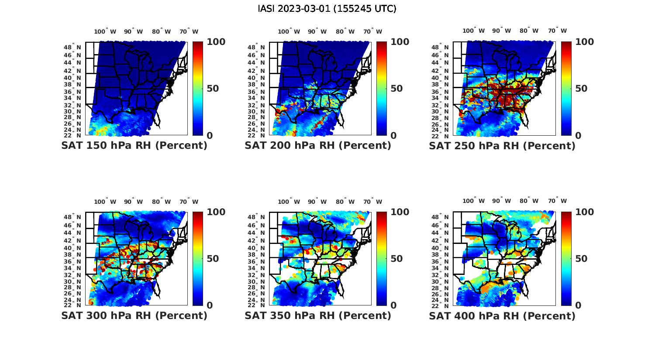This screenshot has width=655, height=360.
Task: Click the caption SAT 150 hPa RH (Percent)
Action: coord(134,146)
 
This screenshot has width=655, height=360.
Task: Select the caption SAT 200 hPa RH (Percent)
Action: coord(318,146)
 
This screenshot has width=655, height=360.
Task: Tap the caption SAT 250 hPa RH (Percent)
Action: coord(502,146)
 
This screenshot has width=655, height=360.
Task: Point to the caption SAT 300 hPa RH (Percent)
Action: coord(134,315)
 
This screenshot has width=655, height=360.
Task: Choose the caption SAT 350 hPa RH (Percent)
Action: coord(318,315)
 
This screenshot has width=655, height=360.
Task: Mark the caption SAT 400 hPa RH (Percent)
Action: coord(502,315)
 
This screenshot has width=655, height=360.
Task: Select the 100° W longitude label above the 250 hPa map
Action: coord(473,31)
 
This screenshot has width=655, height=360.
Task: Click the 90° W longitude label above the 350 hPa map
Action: coord(317,202)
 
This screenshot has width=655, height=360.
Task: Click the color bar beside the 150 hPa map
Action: coord(197,89)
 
